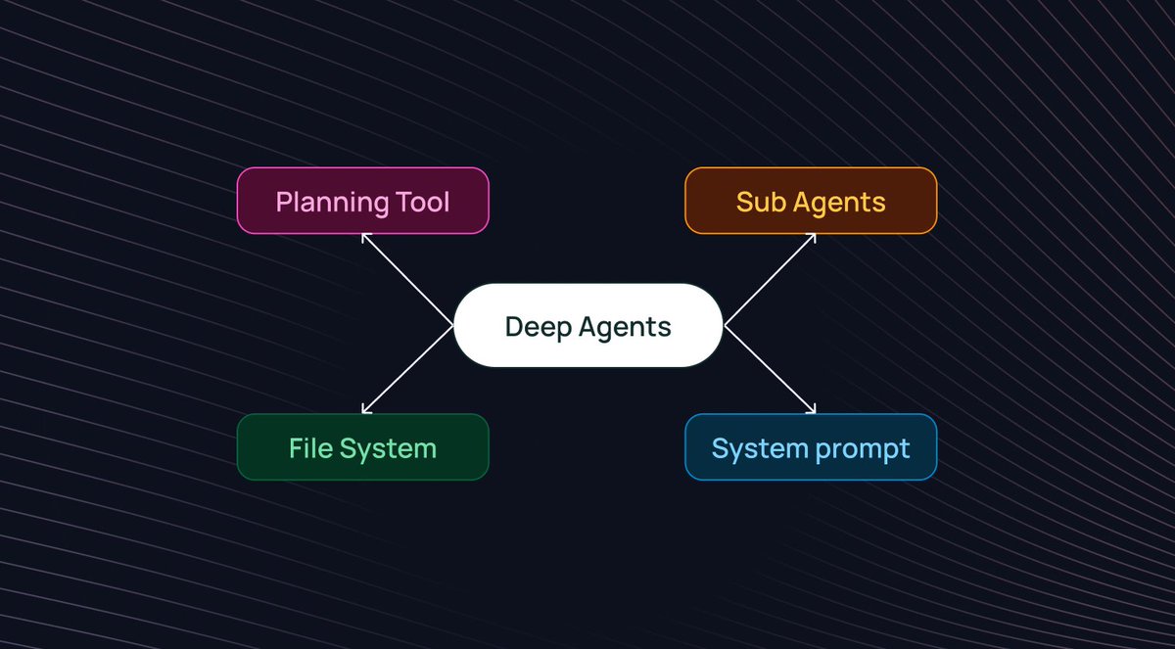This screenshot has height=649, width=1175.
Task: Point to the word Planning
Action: point(332,203)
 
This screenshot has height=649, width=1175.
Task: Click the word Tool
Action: point(422,202)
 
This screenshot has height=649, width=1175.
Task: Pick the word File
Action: point(309,448)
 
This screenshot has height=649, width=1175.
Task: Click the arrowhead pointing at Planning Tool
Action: point(365,237)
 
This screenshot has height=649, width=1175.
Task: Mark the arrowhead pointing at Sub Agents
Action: point(812,237)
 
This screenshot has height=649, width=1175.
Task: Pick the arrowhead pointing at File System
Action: point(365,410)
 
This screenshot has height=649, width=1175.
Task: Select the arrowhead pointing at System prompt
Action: point(812,410)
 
